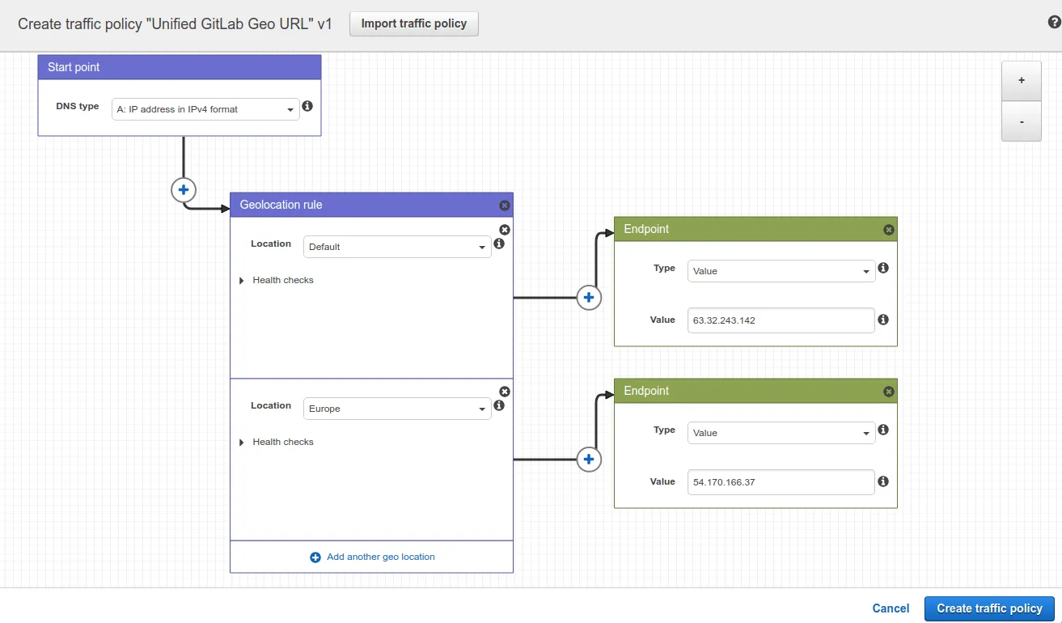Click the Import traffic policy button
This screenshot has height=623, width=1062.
pyautogui.click(x=414, y=23)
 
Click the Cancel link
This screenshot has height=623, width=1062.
pyautogui.click(x=891, y=608)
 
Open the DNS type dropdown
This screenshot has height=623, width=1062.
pyautogui.click(x=205, y=109)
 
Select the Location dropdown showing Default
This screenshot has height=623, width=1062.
pyautogui.click(x=397, y=247)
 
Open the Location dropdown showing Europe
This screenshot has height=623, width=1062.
pyautogui.click(x=397, y=409)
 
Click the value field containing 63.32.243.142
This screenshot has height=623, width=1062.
pyautogui.click(x=781, y=320)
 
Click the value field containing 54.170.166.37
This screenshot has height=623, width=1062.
pyautogui.click(x=781, y=481)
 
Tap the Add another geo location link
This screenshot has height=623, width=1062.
pyautogui.click(x=372, y=557)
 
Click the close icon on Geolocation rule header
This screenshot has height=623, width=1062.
pyautogui.click(x=505, y=206)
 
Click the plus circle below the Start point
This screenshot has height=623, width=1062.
pyautogui.click(x=184, y=190)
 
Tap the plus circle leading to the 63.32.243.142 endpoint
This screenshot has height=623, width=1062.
pyautogui.click(x=589, y=298)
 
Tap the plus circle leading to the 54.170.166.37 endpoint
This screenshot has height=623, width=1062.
pyautogui.click(x=589, y=460)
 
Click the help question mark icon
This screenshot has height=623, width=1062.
pyautogui.click(x=1054, y=23)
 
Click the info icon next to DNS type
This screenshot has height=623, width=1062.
pyautogui.click(x=307, y=106)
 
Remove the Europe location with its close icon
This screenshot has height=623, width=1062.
pyautogui.click(x=505, y=392)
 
